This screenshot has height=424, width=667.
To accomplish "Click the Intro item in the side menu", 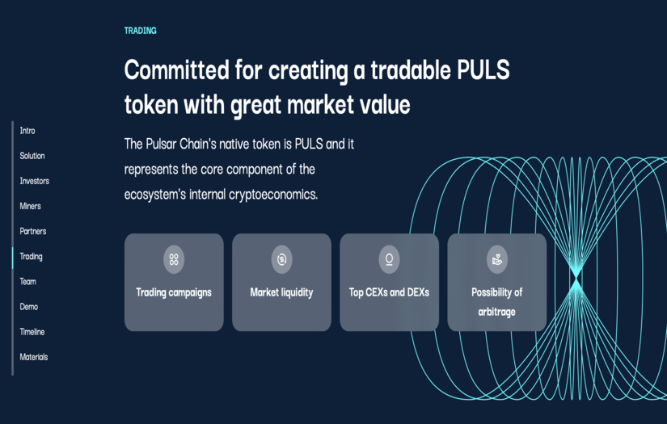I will (27, 131).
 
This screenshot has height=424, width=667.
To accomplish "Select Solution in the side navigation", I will (32, 156).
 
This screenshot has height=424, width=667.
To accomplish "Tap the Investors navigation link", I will (35, 181).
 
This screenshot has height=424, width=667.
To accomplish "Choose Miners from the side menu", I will (31, 206).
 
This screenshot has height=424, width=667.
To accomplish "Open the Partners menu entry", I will (33, 231).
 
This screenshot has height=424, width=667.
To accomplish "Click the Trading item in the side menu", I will (32, 257).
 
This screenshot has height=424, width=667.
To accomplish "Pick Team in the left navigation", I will (28, 282).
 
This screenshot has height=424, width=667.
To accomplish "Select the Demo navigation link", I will (29, 307).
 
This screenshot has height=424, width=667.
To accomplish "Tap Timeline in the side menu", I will (32, 332).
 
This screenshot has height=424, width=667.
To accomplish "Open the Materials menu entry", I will (34, 357).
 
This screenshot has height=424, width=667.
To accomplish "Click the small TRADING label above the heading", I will (141, 31).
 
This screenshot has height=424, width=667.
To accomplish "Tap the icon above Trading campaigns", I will (174, 259).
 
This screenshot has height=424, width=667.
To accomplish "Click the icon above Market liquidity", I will (281, 259).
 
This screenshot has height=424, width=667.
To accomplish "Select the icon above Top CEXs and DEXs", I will (389, 259).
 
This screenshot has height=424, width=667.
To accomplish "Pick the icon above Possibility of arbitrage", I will (496, 259).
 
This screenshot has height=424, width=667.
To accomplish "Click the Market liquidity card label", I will (281, 292).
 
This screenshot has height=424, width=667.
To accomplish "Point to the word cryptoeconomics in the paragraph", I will (270, 195).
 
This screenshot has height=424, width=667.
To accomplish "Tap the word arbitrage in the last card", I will (496, 312).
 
